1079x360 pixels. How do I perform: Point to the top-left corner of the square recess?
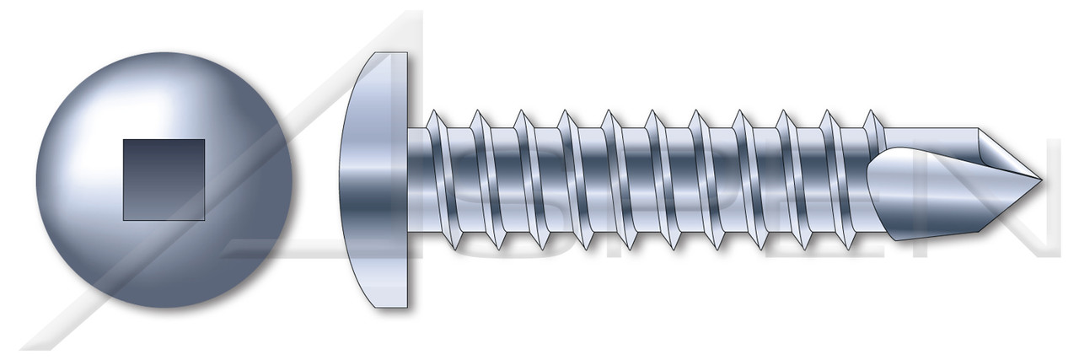point(125,141)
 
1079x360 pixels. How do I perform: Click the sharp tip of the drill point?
point(1039,180)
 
